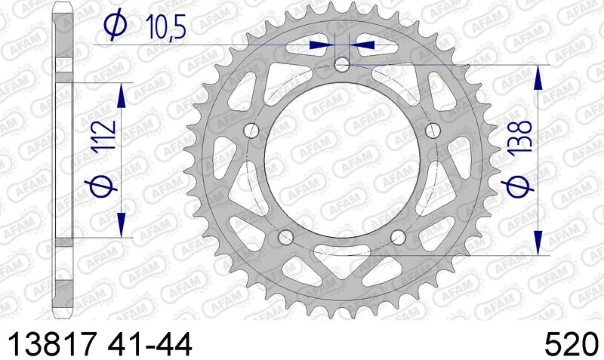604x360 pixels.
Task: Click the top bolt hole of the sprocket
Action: tap(342, 65)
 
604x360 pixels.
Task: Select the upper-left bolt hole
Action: tap(251, 131)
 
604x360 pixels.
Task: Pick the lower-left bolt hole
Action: tap(285, 238)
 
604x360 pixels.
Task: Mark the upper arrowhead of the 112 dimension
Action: tap(120, 94)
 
